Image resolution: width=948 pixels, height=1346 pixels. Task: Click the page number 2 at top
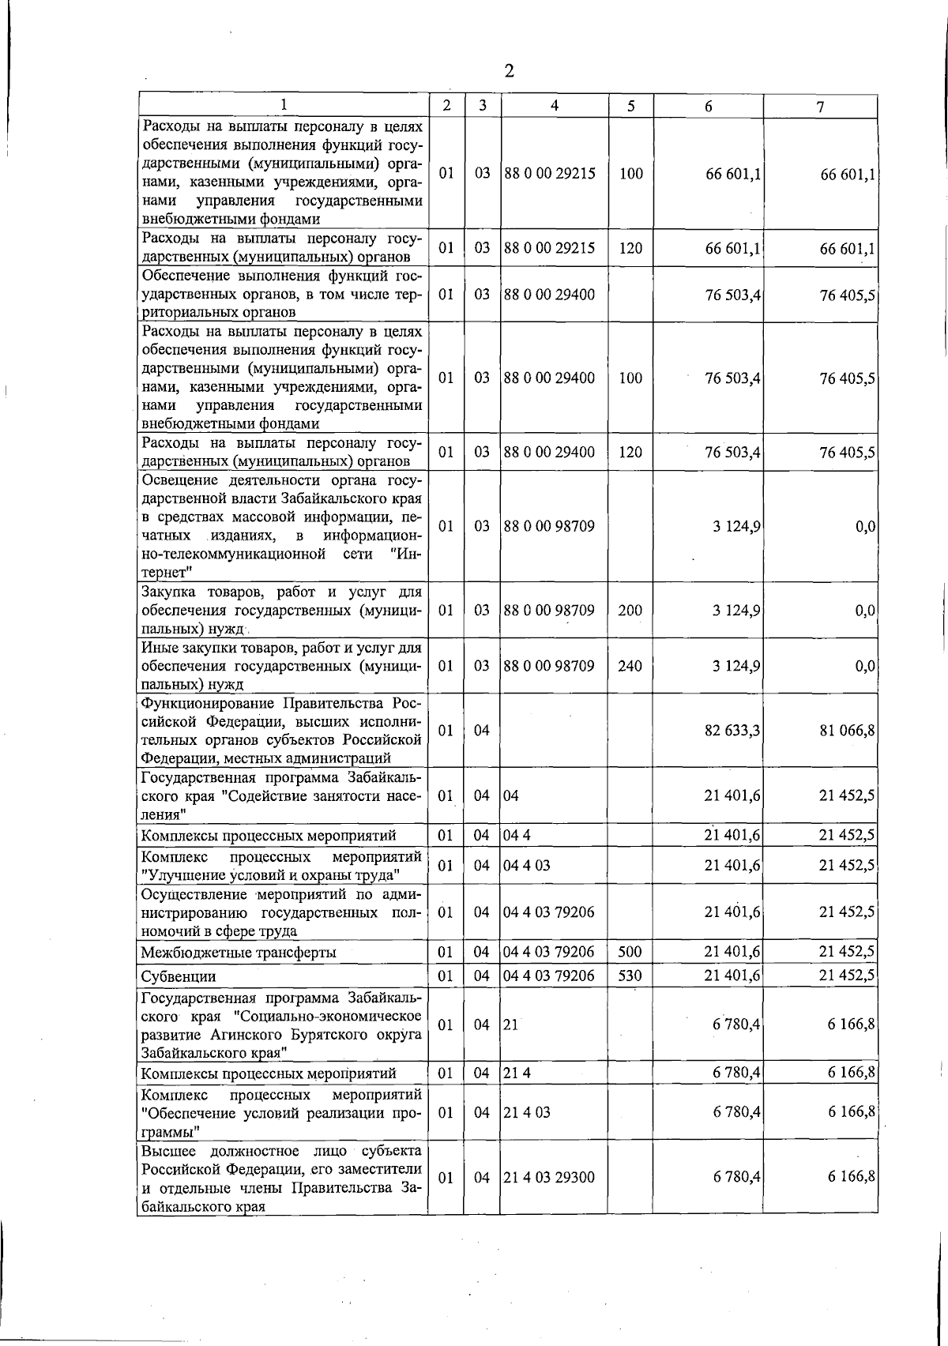coord(509,72)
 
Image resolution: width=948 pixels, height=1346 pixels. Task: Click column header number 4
coord(555,106)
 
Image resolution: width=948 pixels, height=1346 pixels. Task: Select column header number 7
coord(821,107)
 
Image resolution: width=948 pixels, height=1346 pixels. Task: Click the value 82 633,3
coord(732,731)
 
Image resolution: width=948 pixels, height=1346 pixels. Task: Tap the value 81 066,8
coord(847,731)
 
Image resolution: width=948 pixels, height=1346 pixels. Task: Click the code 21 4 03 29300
coord(549,1177)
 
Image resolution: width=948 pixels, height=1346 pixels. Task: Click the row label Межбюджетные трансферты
coord(239,953)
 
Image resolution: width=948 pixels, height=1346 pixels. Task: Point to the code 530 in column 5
coord(630,976)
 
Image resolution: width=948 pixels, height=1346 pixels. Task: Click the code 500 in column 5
coord(630,952)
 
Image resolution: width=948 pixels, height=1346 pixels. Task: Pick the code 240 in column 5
coord(630,666)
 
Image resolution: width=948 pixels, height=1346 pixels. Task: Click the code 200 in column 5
coord(630,611)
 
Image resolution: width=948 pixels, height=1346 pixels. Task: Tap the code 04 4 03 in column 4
coord(527,866)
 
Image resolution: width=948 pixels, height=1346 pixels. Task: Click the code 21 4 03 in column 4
coord(527,1112)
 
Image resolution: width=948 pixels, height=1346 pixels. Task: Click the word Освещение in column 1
coord(178,481)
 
